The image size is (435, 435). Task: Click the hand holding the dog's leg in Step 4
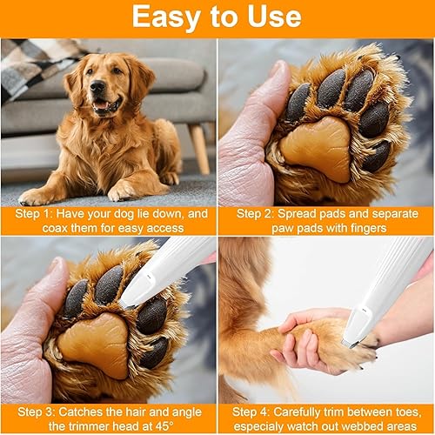tap(304, 339)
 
